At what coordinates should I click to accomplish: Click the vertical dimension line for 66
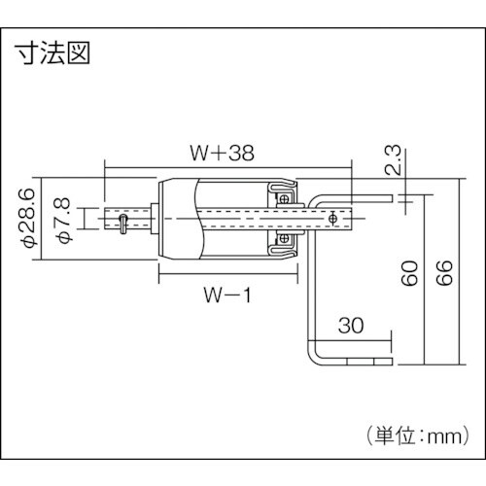[x=458, y=272]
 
